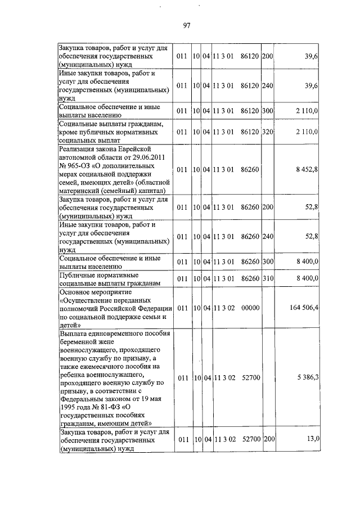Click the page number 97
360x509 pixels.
[188, 25]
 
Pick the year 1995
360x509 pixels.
[69, 407]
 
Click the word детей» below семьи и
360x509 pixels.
[70, 325]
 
